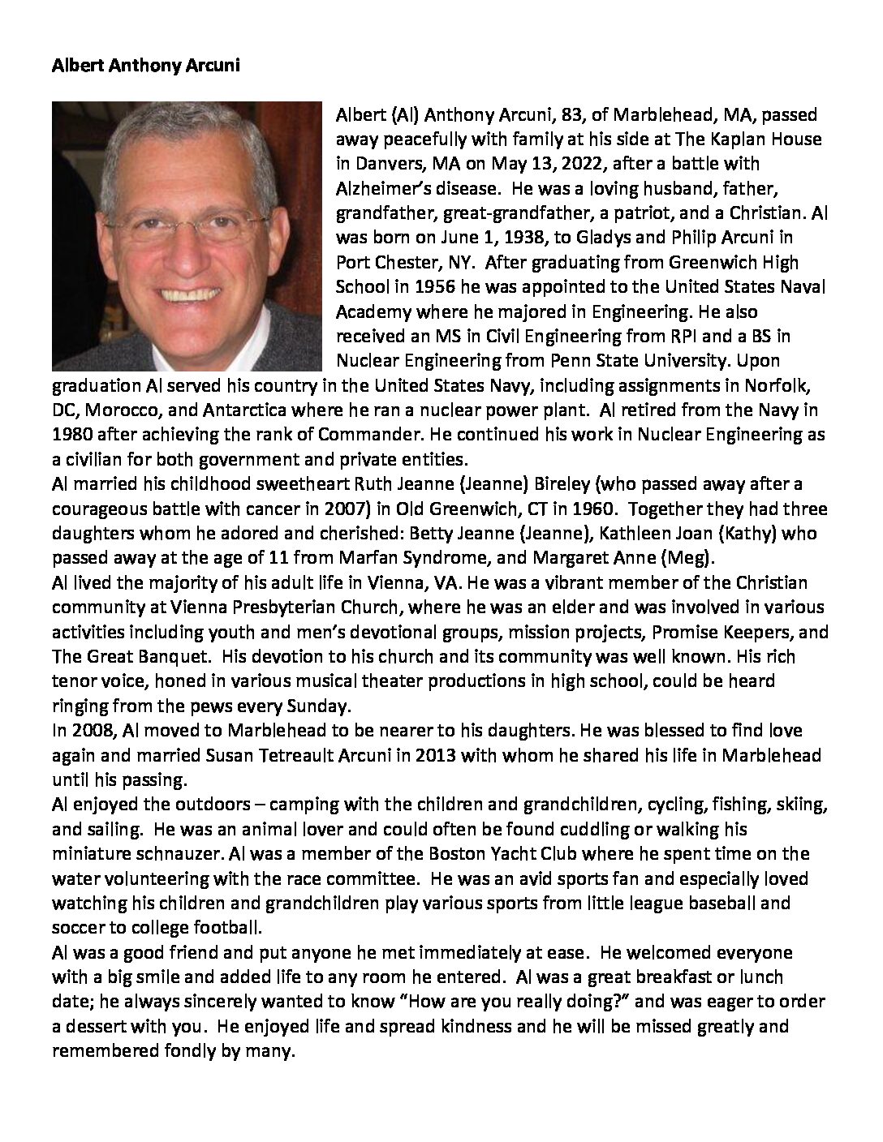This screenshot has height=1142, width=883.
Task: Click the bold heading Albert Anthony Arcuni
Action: click(145, 67)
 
